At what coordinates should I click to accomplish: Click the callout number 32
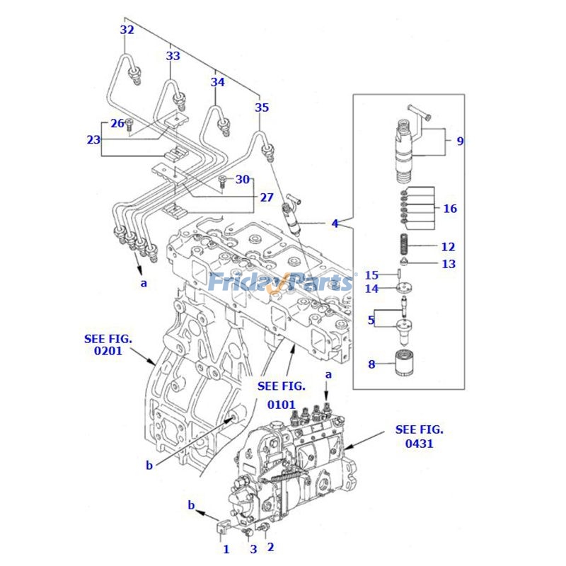point(127,30)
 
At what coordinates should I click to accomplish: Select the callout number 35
point(262,108)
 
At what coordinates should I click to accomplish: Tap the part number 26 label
point(117,123)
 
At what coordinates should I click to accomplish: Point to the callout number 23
point(94,139)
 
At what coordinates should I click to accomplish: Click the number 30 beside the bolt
point(243,180)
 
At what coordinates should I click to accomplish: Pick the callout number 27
point(266,197)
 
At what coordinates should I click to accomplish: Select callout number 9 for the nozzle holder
point(460,141)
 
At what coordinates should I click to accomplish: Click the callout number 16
point(450,209)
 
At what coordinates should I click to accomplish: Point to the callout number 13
point(449,264)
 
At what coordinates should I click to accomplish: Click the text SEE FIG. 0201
point(108,345)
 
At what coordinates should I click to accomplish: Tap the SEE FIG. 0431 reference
point(420,437)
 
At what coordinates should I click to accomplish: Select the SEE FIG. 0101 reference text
point(282,395)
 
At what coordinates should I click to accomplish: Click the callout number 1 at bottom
point(226,548)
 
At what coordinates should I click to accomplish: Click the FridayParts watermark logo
point(281,282)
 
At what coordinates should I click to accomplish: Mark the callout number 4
point(335,224)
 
